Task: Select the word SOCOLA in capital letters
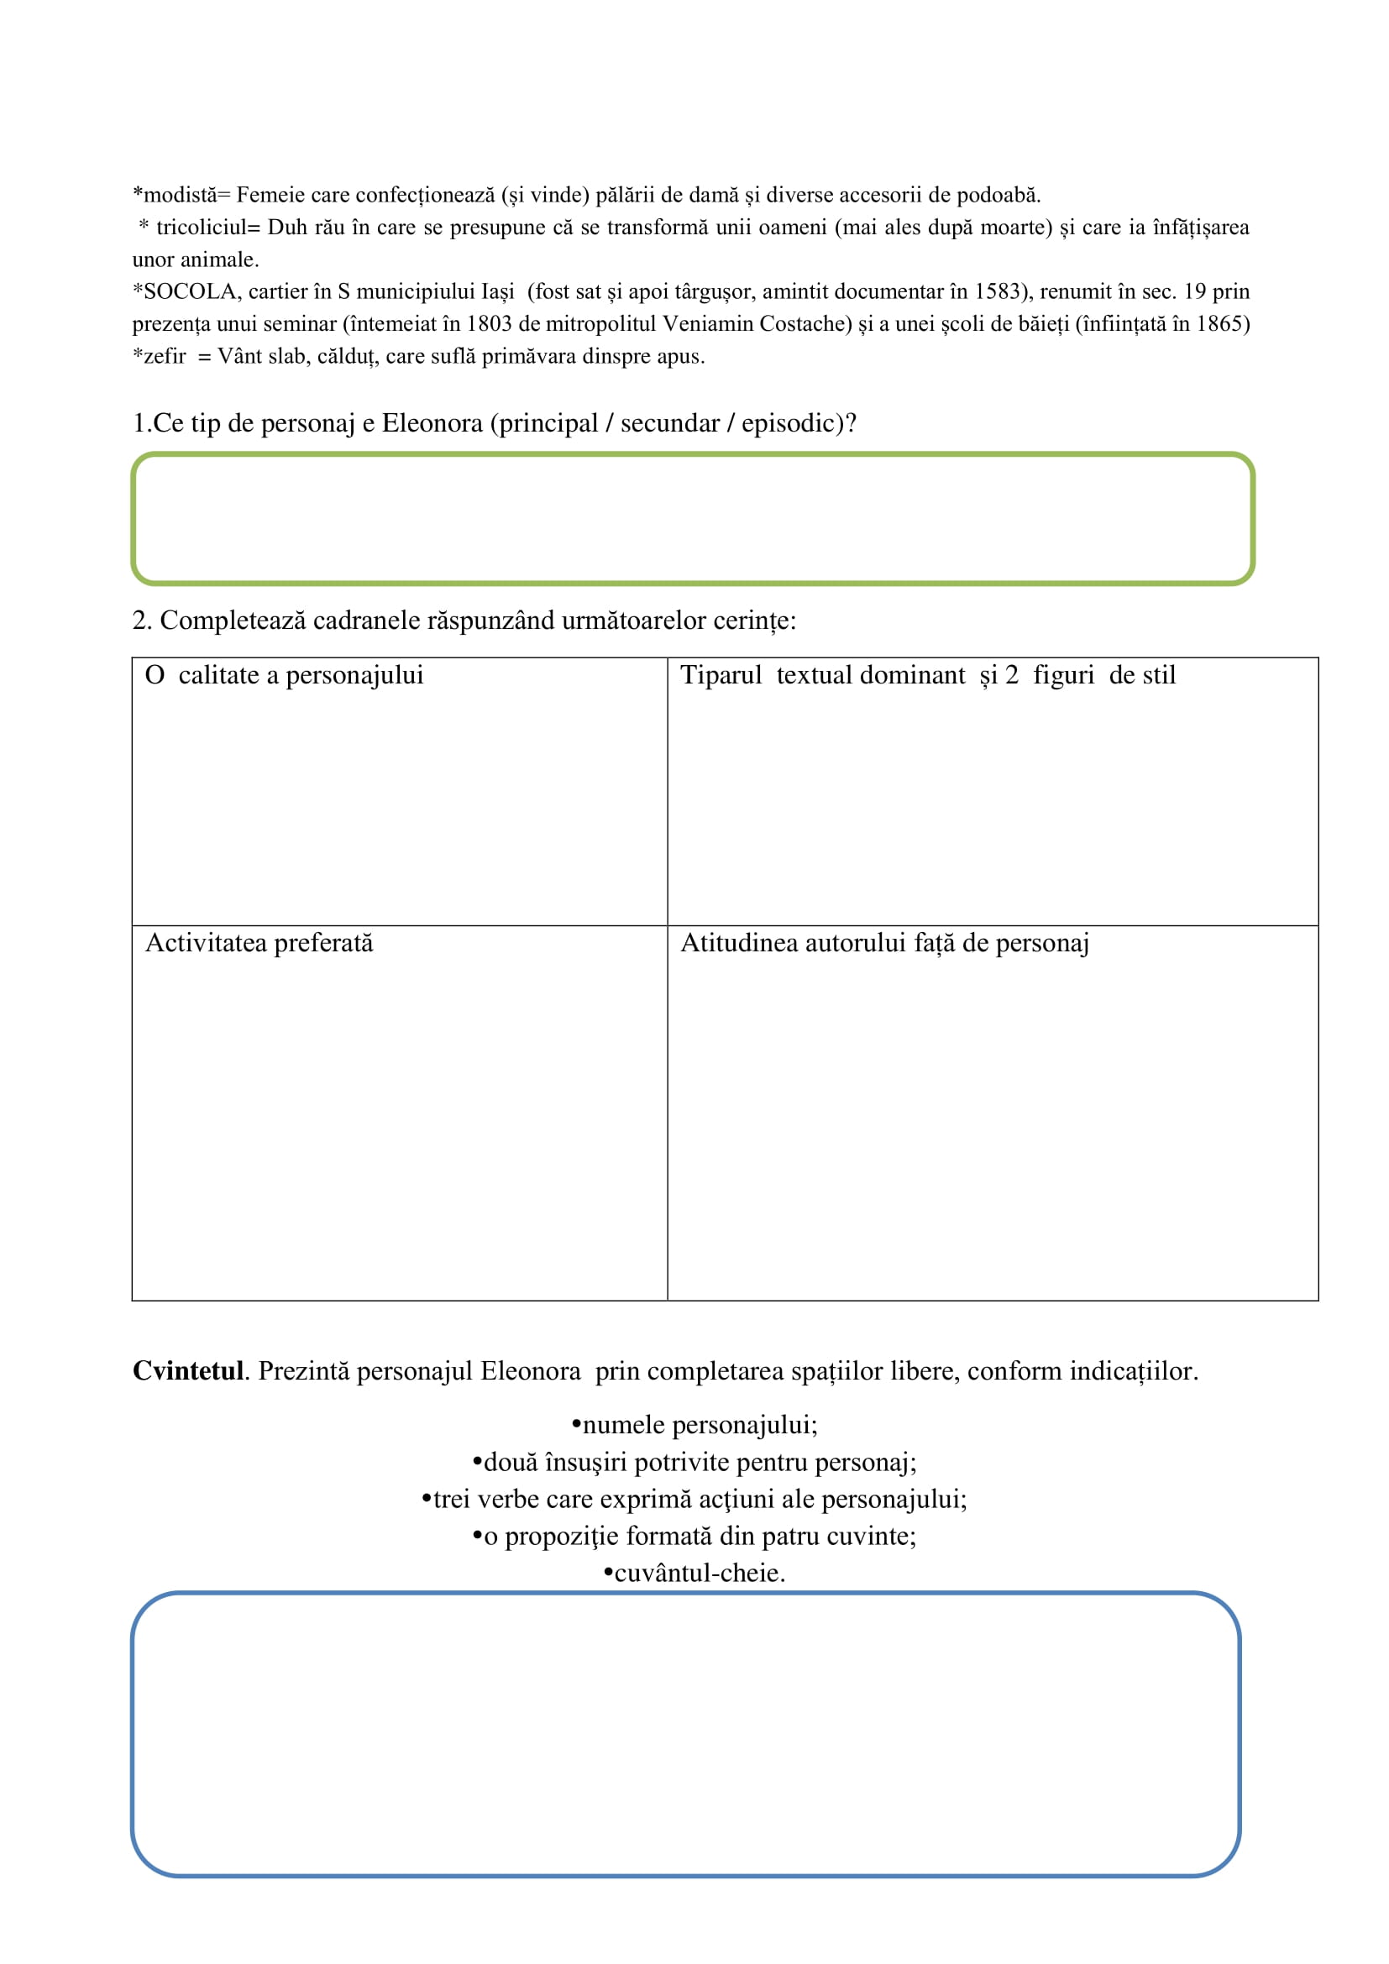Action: [189, 291]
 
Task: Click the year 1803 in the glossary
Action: [489, 324]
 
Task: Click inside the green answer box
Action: [693, 519]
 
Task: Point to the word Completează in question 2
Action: [233, 621]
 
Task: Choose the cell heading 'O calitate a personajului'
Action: [285, 675]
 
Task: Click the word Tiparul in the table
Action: [721, 675]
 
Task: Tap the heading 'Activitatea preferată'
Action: [259, 943]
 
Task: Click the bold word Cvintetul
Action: [188, 1371]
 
